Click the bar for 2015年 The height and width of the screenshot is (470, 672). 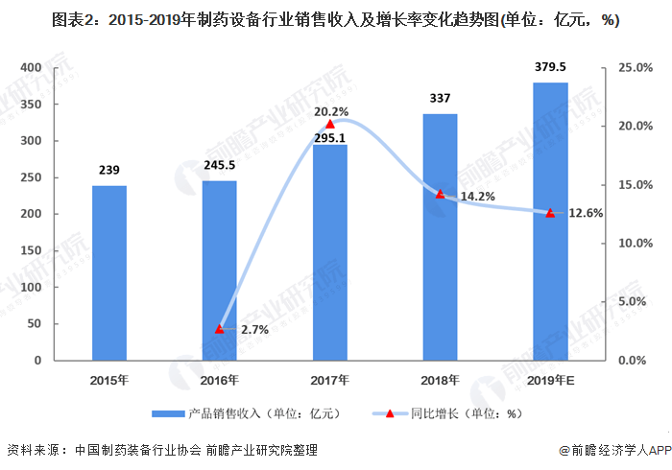(x=108, y=272)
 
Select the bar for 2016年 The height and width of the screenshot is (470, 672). (x=219, y=270)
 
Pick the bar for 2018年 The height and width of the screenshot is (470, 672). (x=440, y=237)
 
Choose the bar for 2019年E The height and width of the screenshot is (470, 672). (x=550, y=222)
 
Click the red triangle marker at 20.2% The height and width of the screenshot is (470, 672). (x=330, y=124)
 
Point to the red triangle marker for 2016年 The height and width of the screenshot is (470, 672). (x=219, y=328)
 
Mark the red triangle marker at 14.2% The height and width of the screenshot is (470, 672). (x=440, y=194)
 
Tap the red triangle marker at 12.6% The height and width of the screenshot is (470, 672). (x=550, y=213)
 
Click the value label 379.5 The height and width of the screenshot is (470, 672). (x=550, y=66)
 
